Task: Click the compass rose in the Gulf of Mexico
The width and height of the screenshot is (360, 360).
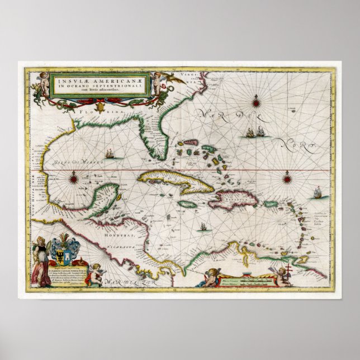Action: (x=73, y=179)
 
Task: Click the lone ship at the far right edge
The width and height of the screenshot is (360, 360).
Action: (x=318, y=194)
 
